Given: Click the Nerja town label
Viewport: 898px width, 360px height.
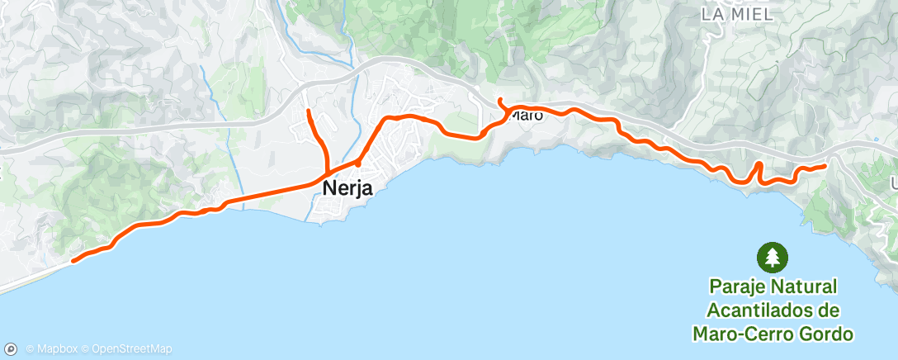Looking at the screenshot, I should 347,188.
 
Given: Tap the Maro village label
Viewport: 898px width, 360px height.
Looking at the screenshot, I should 526,116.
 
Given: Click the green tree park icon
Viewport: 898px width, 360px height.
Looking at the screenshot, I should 773,257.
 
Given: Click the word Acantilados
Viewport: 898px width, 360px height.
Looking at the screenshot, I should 773,310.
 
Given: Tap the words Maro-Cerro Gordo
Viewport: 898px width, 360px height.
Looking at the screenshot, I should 773,334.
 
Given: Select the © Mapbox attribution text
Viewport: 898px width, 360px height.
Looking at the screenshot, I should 54,349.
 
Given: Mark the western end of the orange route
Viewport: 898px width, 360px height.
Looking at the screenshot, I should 73,261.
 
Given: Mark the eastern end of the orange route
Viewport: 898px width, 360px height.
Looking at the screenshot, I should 825,166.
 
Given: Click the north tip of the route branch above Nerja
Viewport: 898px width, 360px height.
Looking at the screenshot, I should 308,111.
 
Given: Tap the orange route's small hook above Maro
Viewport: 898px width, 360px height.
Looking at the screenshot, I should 500,101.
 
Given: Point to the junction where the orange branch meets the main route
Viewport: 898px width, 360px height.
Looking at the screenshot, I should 328,173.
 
